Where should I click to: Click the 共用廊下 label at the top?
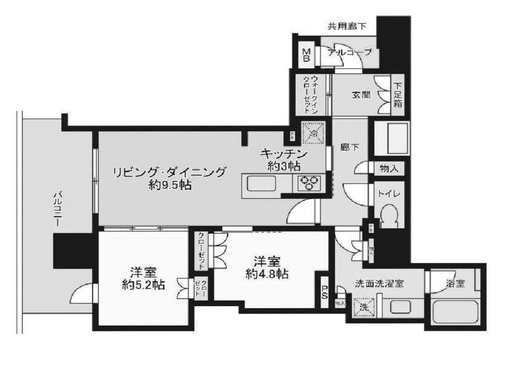pyautogui.click(x=347, y=25)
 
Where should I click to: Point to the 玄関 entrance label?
pyautogui.click(x=360, y=95)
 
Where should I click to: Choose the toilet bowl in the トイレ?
pyautogui.click(x=389, y=214)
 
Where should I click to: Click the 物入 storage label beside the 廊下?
pyautogui.click(x=389, y=169)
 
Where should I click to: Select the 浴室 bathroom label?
pyautogui.click(x=455, y=283)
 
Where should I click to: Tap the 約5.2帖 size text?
pyautogui.click(x=143, y=284)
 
